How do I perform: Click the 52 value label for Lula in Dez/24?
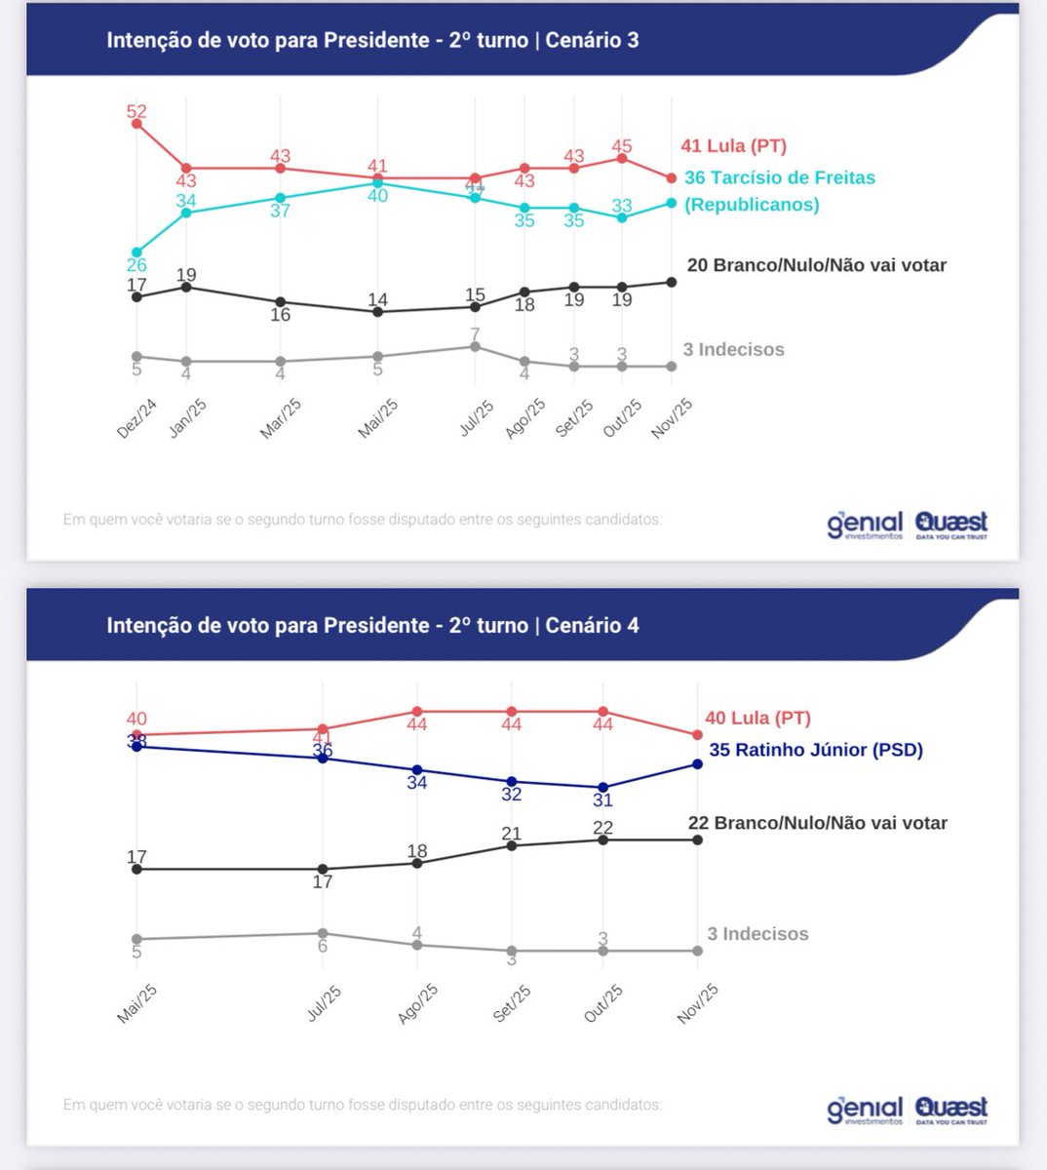pos(136,112)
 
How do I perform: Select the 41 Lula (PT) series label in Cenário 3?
pos(733,146)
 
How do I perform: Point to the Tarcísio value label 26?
pos(136,265)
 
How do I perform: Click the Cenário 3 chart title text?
pos(372,40)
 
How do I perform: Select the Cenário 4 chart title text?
pos(372,625)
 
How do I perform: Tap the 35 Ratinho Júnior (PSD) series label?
pos(815,750)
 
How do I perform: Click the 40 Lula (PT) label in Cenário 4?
pos(757,719)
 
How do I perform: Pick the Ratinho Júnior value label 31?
pos(603,800)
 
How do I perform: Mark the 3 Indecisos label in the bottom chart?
pos(757,934)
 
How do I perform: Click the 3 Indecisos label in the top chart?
pos(733,350)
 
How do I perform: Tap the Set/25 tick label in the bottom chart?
pos(512,1003)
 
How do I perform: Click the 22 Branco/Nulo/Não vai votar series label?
pos(817,824)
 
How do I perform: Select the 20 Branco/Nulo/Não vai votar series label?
pos(816,265)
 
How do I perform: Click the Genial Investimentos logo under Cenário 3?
pos(865,525)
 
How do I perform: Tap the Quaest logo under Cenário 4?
pos(951,1110)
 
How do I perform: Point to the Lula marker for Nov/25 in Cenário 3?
pos(671,178)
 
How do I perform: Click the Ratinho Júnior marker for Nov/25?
pos(698,763)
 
